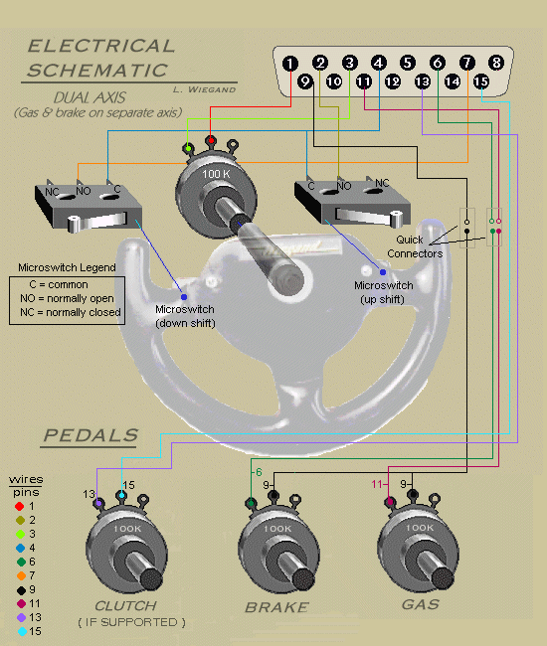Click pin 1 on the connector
tap(289, 64)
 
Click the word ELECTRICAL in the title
tap(100, 46)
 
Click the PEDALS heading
tap(91, 436)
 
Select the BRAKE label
tap(276, 606)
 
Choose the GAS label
tap(418, 604)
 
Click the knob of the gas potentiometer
tap(431, 577)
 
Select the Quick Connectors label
tap(425, 245)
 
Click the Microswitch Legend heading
tap(68, 267)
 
